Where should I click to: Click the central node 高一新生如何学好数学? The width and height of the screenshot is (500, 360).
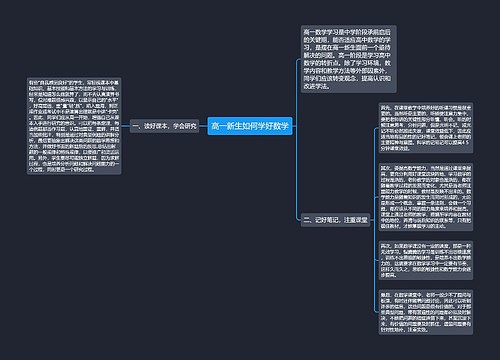[250, 128]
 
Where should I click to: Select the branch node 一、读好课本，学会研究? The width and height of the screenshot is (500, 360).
[161, 128]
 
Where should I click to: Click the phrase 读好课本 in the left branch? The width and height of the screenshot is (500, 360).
[155, 128]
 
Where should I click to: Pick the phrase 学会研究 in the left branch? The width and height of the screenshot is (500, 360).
[181, 128]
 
